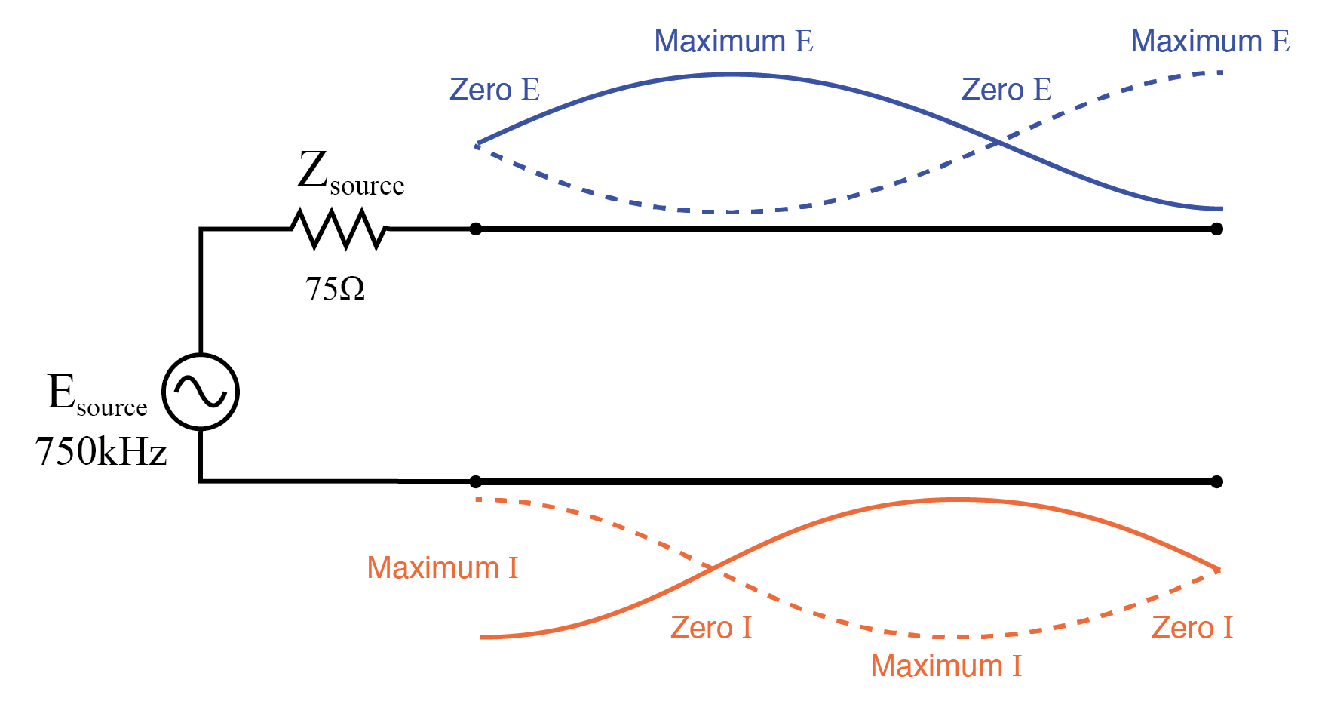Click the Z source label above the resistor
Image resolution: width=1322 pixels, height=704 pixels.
(x=350, y=173)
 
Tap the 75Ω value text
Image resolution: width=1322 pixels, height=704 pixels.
(x=335, y=289)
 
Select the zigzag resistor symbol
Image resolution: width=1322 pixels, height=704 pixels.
(x=339, y=229)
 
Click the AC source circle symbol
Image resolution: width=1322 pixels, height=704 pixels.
(x=201, y=392)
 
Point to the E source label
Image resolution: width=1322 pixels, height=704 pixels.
(x=97, y=395)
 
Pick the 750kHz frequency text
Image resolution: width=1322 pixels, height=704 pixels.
(x=100, y=452)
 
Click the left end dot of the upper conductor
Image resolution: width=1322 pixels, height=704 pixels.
(x=475, y=229)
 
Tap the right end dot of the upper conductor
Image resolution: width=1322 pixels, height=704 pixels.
(x=1216, y=229)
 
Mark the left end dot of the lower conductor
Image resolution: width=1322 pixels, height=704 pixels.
(x=475, y=481)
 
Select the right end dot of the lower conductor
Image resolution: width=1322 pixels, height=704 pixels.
(x=1216, y=481)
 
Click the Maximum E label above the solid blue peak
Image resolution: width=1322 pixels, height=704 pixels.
(x=733, y=42)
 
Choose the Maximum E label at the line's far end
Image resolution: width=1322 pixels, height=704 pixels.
(x=1210, y=42)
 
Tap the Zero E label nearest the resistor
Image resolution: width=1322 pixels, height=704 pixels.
(x=494, y=90)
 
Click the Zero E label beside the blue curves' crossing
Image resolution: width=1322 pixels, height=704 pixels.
(x=1006, y=90)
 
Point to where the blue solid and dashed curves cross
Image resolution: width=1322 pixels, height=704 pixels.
(x=998, y=142)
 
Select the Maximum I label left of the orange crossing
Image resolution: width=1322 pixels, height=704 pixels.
(x=442, y=568)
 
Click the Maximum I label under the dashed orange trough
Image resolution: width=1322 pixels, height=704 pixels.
(x=946, y=666)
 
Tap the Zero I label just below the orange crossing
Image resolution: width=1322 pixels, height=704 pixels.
(x=710, y=628)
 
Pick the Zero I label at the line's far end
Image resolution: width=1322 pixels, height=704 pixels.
(x=1192, y=628)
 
